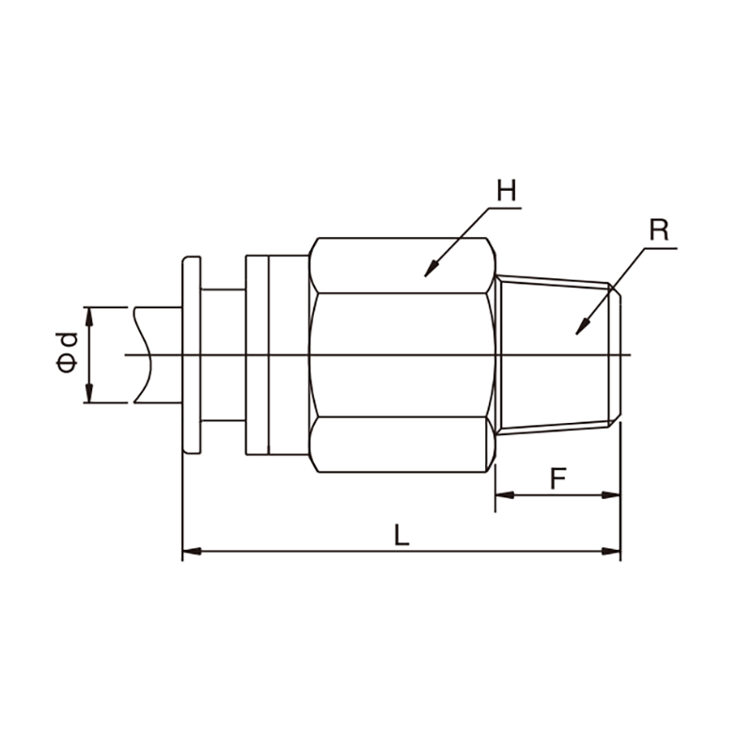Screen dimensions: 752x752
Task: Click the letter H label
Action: [507, 191]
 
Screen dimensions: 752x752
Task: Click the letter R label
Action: [659, 229]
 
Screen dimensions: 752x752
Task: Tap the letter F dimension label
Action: [558, 478]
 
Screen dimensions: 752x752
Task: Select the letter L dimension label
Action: [401, 535]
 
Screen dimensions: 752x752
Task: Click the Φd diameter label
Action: [67, 353]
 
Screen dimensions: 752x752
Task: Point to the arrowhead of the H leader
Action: [431, 270]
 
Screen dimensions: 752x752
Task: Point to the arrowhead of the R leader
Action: [582, 327]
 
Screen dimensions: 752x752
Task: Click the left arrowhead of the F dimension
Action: [505, 495]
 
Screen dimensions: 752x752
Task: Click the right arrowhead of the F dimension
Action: [611, 495]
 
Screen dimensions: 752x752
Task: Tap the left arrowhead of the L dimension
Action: [192, 552]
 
